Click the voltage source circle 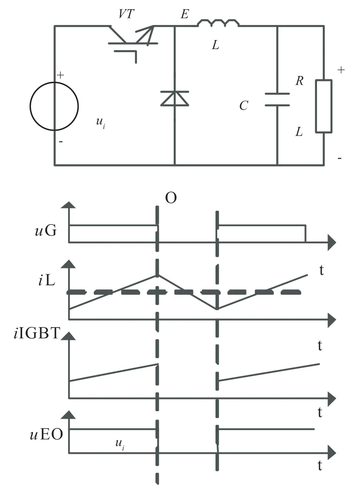tap(30, 106)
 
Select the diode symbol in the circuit tap(175, 99)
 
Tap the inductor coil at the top tap(218, 23)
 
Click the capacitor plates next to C tap(277, 99)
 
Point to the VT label tap(127, 14)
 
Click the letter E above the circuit tap(185, 14)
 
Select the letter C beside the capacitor tap(244, 106)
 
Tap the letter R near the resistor tap(299, 81)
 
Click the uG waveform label tap(46, 230)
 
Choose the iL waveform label tap(47, 281)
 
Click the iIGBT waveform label tap(37, 333)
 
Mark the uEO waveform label tap(46, 434)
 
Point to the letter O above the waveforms tap(171, 198)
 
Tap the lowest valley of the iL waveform tap(217, 309)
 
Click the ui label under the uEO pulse tap(120, 444)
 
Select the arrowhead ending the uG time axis tap(332, 243)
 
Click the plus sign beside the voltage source tap(61, 75)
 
